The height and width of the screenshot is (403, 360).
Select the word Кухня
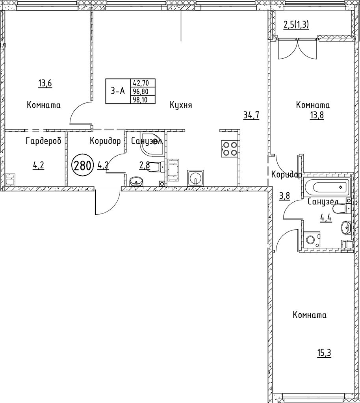point(181,105)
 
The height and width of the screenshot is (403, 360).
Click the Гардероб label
point(43,141)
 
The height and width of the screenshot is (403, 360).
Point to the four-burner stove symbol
point(229,149)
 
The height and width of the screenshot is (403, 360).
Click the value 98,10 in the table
point(144,100)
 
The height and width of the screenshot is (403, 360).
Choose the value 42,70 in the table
point(144,83)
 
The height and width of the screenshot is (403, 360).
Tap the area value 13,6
point(45,83)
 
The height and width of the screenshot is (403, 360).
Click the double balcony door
point(298,49)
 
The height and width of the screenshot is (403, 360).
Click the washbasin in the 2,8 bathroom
point(137,182)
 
